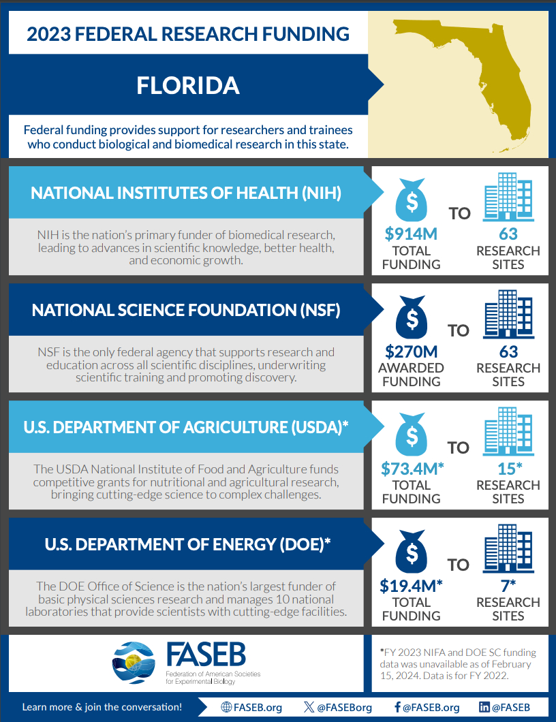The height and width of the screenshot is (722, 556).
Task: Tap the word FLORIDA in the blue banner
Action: click(x=188, y=85)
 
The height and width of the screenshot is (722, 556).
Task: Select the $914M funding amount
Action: click(x=411, y=234)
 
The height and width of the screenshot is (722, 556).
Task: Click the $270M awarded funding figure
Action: click(x=411, y=351)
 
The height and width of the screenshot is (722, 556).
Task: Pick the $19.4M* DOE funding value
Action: click(x=412, y=586)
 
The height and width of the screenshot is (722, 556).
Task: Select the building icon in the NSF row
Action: click(x=508, y=314)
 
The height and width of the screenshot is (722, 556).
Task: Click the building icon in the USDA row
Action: click(x=508, y=431)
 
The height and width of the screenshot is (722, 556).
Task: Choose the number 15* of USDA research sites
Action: click(x=508, y=469)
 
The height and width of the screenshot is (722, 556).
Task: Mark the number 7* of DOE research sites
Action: click(x=508, y=586)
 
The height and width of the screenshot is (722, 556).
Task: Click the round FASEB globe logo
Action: click(x=136, y=663)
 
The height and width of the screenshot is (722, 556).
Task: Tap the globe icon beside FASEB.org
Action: click(x=227, y=707)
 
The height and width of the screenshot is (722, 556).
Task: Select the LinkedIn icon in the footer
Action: click(x=484, y=707)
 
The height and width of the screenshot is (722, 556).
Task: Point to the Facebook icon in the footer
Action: click(x=397, y=707)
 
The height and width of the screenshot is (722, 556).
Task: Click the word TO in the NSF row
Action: click(x=459, y=330)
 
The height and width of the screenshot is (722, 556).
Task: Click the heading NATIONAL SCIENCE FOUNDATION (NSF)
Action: click(x=186, y=311)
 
